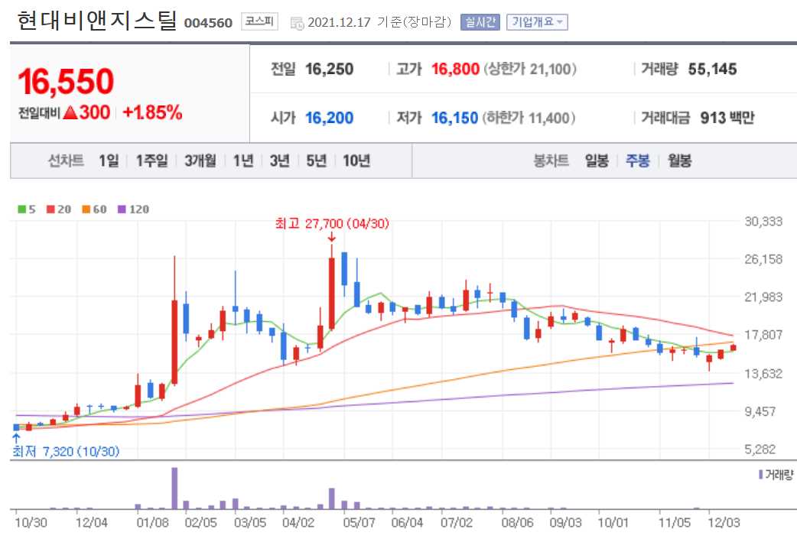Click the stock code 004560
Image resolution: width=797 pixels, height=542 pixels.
(208, 22)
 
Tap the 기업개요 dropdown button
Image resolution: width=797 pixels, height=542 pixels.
(537, 22)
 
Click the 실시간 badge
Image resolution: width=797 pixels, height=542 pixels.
(480, 22)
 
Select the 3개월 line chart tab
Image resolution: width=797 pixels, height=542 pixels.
(200, 161)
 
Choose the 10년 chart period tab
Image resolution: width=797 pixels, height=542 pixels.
(356, 161)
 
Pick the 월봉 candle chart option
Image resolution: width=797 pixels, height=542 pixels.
(679, 161)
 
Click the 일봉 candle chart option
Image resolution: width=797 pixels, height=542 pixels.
(597, 161)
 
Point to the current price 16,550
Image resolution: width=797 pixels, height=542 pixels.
(66, 82)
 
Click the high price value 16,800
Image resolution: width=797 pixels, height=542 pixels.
(455, 70)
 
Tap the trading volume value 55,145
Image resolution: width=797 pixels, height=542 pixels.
(712, 70)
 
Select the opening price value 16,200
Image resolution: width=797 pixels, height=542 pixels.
(329, 118)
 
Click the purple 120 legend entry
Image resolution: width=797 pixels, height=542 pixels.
(135, 209)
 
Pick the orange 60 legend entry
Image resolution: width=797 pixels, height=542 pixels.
(96, 209)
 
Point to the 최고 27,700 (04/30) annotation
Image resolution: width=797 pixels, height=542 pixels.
(333, 225)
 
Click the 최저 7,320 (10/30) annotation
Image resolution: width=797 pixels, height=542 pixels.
(66, 452)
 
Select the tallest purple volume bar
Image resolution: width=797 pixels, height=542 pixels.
(174, 488)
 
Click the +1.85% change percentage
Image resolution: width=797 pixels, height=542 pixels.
(152, 112)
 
